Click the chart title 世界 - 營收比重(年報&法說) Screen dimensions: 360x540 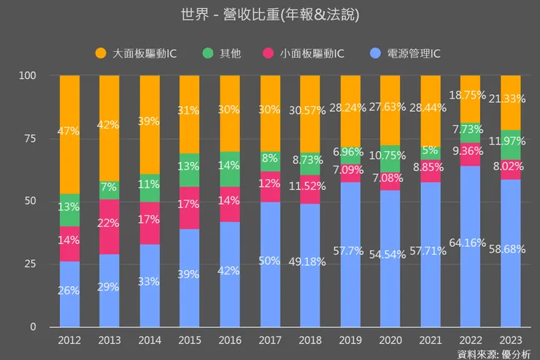(270, 15)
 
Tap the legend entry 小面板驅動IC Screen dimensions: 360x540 (306, 53)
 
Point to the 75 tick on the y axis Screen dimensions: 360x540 (28, 139)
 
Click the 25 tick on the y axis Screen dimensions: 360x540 (28, 264)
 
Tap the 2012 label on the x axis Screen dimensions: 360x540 (69, 340)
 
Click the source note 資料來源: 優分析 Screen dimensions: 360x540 (493, 353)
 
